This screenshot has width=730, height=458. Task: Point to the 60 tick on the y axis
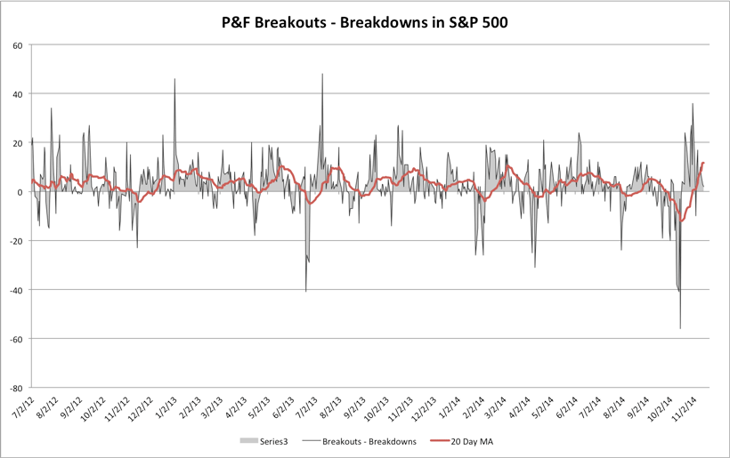[18, 44]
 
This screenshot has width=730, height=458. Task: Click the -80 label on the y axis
[16, 388]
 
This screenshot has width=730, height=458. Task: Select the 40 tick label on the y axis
[18, 93]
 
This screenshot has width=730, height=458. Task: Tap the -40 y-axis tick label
[16, 290]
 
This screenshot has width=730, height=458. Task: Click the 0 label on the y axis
[21, 192]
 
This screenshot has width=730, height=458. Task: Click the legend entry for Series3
[266, 440]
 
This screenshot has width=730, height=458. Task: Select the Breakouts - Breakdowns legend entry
[361, 440]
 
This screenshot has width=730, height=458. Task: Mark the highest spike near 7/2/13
[322, 75]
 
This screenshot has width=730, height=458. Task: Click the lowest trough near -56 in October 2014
[680, 328]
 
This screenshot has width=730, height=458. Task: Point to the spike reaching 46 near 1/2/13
[174, 79]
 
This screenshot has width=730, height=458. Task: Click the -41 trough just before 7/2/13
[306, 291]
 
